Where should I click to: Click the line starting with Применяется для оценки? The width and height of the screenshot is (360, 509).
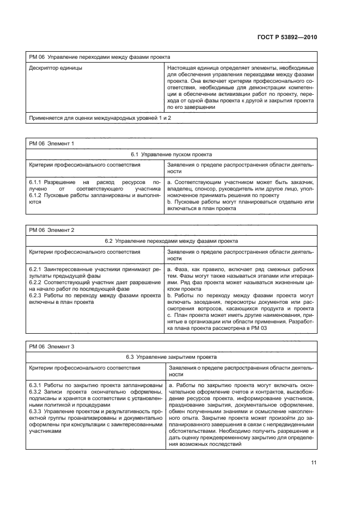[99, 118]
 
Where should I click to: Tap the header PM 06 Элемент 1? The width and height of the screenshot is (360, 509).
[51, 143]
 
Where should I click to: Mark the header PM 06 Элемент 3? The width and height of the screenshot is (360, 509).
[51, 346]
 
